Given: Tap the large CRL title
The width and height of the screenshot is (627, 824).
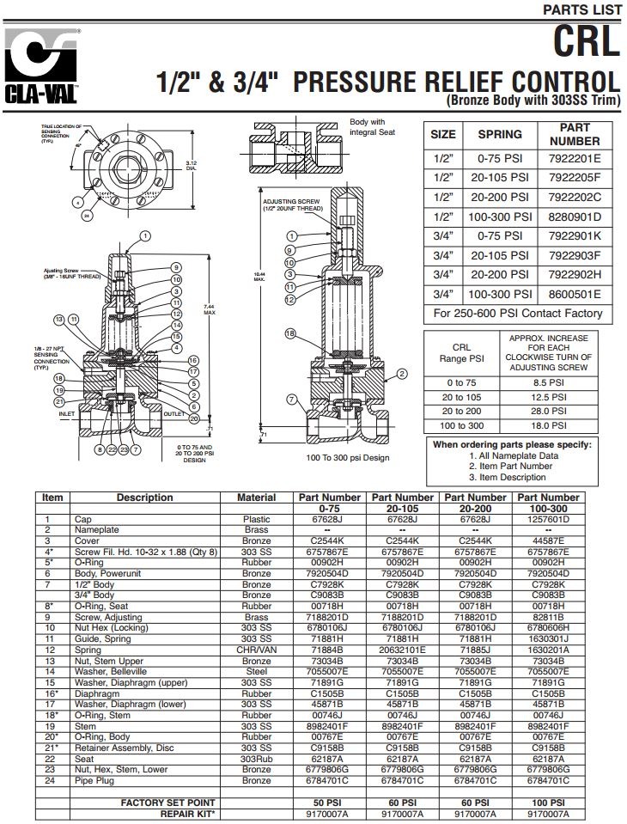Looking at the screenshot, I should pyautogui.click(x=585, y=41).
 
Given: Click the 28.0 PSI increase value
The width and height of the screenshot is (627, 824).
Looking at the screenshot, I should pyautogui.click(x=547, y=412).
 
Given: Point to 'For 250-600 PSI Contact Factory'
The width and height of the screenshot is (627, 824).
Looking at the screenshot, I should pyautogui.click(x=518, y=314).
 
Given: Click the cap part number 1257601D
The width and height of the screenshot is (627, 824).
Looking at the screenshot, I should pyautogui.click(x=549, y=519).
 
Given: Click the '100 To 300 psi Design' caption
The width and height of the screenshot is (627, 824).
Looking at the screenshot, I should pyautogui.click(x=348, y=458).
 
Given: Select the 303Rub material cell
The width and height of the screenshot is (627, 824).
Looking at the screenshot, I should pyautogui.click(x=256, y=760).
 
